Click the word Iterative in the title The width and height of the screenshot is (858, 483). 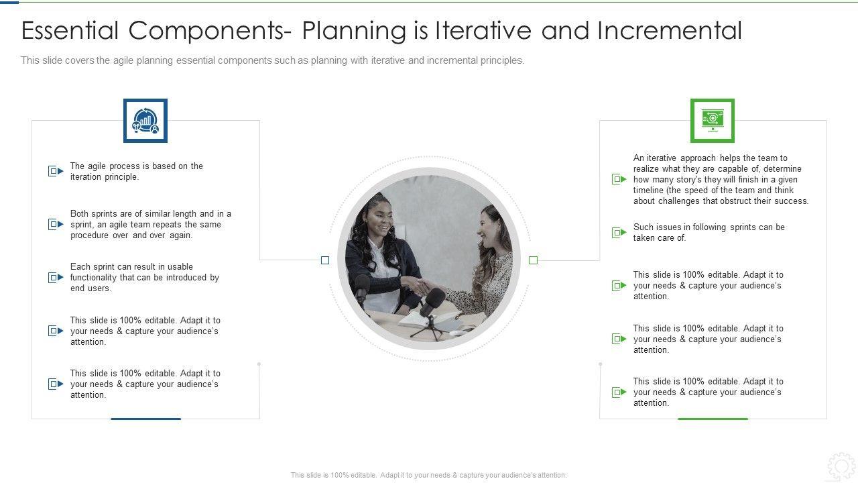[x=483, y=30]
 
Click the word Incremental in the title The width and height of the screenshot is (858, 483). [x=670, y=30]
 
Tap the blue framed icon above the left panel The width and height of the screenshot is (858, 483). [x=145, y=120]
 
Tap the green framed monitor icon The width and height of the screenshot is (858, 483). [x=713, y=120]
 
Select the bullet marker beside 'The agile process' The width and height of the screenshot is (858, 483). [x=56, y=171]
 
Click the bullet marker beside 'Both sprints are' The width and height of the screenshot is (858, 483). [x=56, y=224]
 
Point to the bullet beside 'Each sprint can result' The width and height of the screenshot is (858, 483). [x=56, y=277]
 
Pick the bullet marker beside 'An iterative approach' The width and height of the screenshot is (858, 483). [x=619, y=179]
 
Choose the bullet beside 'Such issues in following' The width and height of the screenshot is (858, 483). [x=619, y=232]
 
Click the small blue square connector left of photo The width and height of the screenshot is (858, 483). [x=325, y=260]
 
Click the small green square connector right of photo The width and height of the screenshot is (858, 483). [x=533, y=260]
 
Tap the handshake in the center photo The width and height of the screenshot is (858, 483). [x=418, y=286]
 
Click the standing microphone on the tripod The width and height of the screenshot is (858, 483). [x=431, y=313]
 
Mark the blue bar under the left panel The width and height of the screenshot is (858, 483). [x=145, y=419]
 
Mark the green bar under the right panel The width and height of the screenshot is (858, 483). [x=713, y=419]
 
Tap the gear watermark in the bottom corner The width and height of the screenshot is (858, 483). [x=841, y=467]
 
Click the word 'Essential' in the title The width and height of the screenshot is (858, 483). [x=70, y=30]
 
